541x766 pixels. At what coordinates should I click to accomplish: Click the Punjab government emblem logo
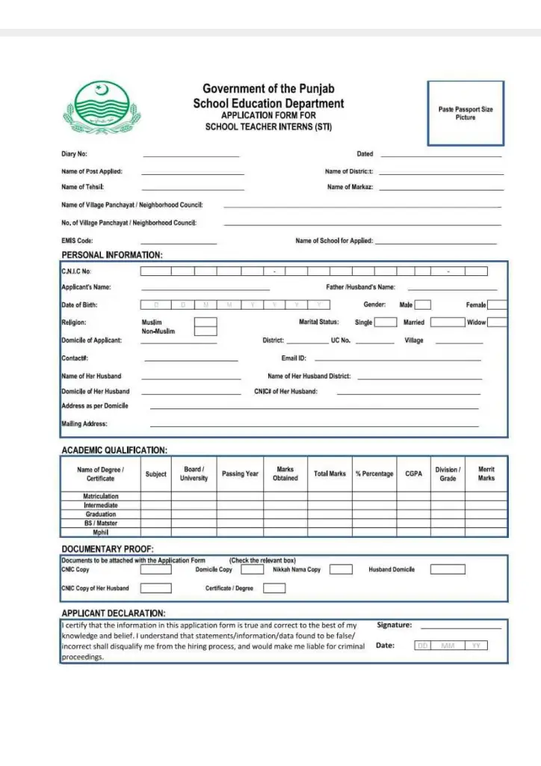coord(101,108)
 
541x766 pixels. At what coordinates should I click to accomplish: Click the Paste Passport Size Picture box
coord(465,113)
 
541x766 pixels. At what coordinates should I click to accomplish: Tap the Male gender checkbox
coord(423,304)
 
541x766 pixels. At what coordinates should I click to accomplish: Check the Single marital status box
coord(385,322)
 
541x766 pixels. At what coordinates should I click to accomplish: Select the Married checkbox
coord(448,322)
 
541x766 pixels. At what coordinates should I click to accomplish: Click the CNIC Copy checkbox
coord(155,569)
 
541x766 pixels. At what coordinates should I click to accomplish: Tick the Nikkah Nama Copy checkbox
coord(341,569)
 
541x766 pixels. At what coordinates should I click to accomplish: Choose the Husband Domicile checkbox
coord(447,569)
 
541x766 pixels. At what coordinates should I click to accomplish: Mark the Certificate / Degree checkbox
coord(274,588)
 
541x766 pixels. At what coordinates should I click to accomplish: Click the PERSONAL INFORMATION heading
coord(111,255)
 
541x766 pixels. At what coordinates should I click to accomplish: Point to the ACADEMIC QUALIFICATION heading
coord(114,450)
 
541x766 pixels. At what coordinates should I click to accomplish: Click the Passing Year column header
coord(240,474)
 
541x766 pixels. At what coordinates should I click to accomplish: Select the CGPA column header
coord(413,474)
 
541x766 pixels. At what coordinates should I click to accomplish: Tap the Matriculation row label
coord(100,496)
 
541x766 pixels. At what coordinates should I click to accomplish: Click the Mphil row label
coord(100,533)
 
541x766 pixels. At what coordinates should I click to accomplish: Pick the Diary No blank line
coord(191,156)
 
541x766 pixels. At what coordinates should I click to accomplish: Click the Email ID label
coord(294,358)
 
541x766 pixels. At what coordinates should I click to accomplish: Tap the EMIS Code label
coord(77,241)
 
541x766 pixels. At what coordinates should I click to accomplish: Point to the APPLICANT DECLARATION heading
coord(113,613)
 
